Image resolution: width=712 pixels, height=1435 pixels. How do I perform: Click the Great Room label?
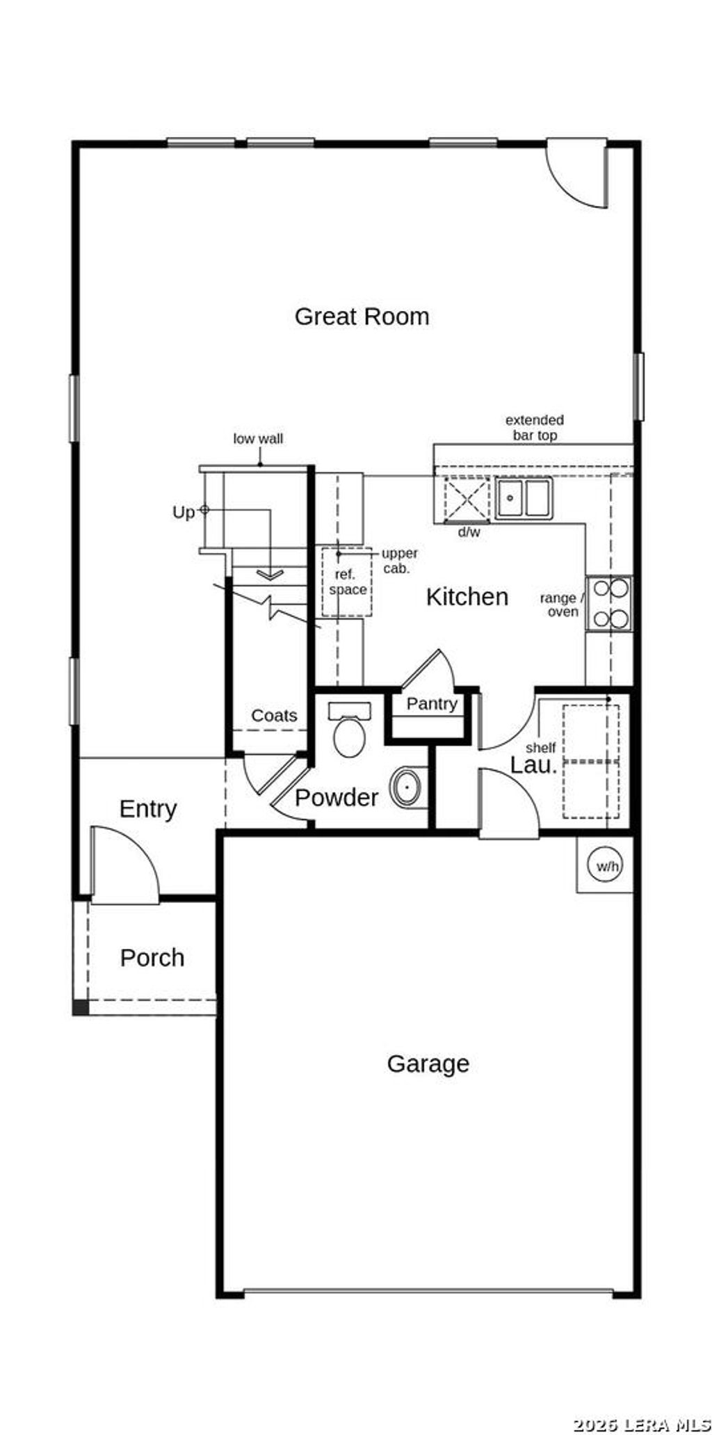[362, 316]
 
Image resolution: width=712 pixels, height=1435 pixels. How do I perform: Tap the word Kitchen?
[467, 597]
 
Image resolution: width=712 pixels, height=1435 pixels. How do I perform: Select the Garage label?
[428, 1064]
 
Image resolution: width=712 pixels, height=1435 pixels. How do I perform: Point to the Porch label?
[152, 958]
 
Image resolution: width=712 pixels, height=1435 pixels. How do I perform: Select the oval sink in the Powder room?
[407, 787]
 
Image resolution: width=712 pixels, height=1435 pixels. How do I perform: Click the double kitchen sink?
[524, 498]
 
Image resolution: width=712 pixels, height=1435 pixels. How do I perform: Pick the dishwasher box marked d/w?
[467, 499]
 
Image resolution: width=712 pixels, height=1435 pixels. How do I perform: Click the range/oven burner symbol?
[610, 604]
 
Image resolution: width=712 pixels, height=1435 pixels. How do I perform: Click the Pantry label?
[432, 704]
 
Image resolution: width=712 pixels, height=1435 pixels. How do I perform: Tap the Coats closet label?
[274, 716]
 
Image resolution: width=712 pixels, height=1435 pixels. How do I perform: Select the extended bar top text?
[535, 428]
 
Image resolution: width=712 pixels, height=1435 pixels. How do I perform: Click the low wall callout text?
[258, 439]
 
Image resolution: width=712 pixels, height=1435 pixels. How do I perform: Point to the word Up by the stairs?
[183, 513]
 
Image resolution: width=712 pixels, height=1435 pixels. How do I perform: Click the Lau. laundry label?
[534, 765]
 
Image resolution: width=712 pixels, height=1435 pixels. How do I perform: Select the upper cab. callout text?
[400, 560]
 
